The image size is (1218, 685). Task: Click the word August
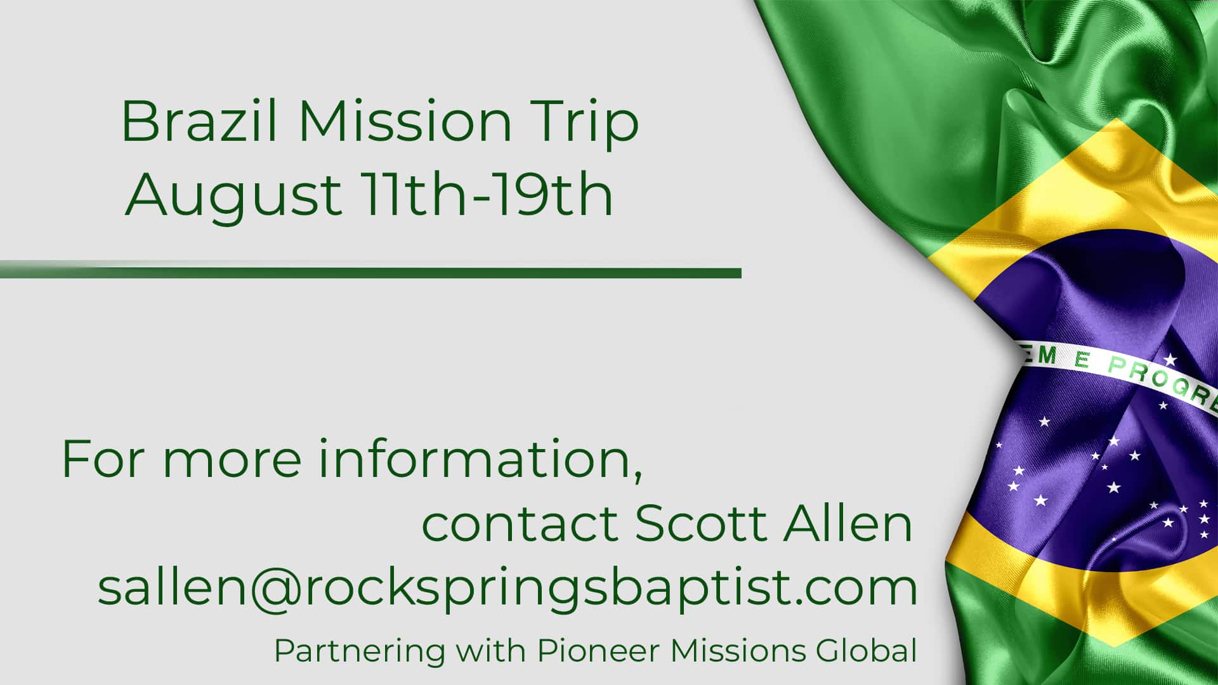click(x=233, y=197)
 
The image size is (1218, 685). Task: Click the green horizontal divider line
click(x=370, y=273)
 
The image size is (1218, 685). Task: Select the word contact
click(x=520, y=523)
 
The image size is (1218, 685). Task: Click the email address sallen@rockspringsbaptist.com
click(x=507, y=588)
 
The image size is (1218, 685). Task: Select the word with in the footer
click(x=492, y=651)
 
